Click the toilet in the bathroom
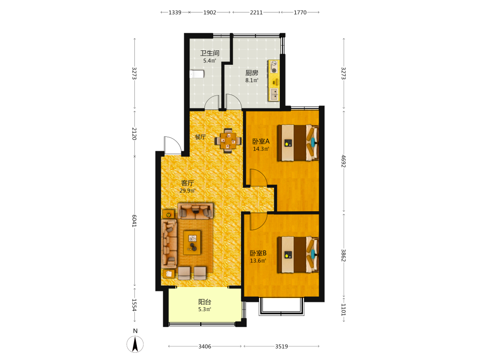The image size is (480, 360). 197,74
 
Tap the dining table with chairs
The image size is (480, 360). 228,141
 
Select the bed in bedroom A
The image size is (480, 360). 298,143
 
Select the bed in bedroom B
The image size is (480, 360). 298,254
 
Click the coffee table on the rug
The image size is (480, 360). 192,243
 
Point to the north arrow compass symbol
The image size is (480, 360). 135,344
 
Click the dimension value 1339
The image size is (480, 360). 175,12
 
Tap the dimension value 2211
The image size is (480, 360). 256,12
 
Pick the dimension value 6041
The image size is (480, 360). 134,221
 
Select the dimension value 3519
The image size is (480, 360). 281,347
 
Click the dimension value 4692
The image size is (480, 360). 344,161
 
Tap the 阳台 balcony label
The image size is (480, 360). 204,302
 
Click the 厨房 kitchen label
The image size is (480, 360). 252,73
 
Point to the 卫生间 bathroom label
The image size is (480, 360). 210,53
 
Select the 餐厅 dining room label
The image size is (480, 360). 200,137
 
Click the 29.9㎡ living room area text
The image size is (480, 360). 187,191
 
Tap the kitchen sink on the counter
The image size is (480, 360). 274,94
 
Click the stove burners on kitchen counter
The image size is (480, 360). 274,67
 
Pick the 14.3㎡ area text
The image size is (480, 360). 261,149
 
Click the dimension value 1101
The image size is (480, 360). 344,310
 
